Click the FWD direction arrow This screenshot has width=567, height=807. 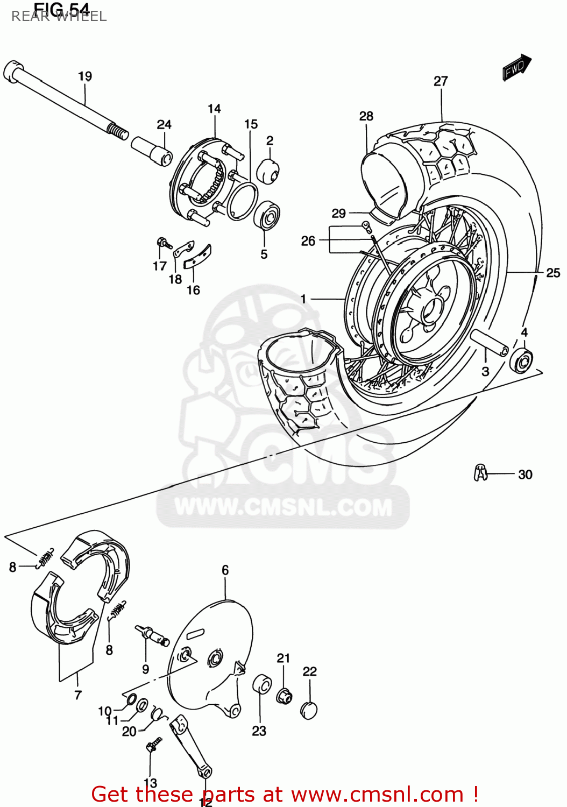(x=516, y=68)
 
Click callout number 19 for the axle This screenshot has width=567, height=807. (x=85, y=76)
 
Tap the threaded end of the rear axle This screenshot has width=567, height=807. (x=118, y=131)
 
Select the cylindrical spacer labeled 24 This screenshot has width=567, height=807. (x=152, y=150)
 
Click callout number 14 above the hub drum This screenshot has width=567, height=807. (x=214, y=109)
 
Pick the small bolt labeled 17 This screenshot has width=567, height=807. (x=162, y=243)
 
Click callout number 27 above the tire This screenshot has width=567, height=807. (x=441, y=81)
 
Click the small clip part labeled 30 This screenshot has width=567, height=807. (x=480, y=472)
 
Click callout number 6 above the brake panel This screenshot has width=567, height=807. (x=225, y=570)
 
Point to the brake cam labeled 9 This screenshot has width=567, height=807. (x=153, y=635)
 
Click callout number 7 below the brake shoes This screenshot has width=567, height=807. (x=78, y=695)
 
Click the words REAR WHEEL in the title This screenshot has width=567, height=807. (x=59, y=17)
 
